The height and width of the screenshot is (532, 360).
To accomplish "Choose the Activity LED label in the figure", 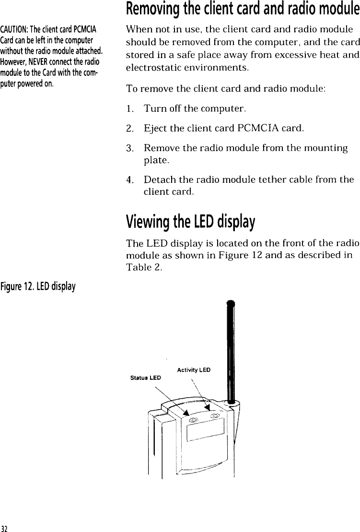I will point(194,369).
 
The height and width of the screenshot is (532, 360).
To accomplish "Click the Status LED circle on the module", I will point(193,420).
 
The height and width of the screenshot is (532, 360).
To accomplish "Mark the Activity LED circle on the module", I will point(215,415).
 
